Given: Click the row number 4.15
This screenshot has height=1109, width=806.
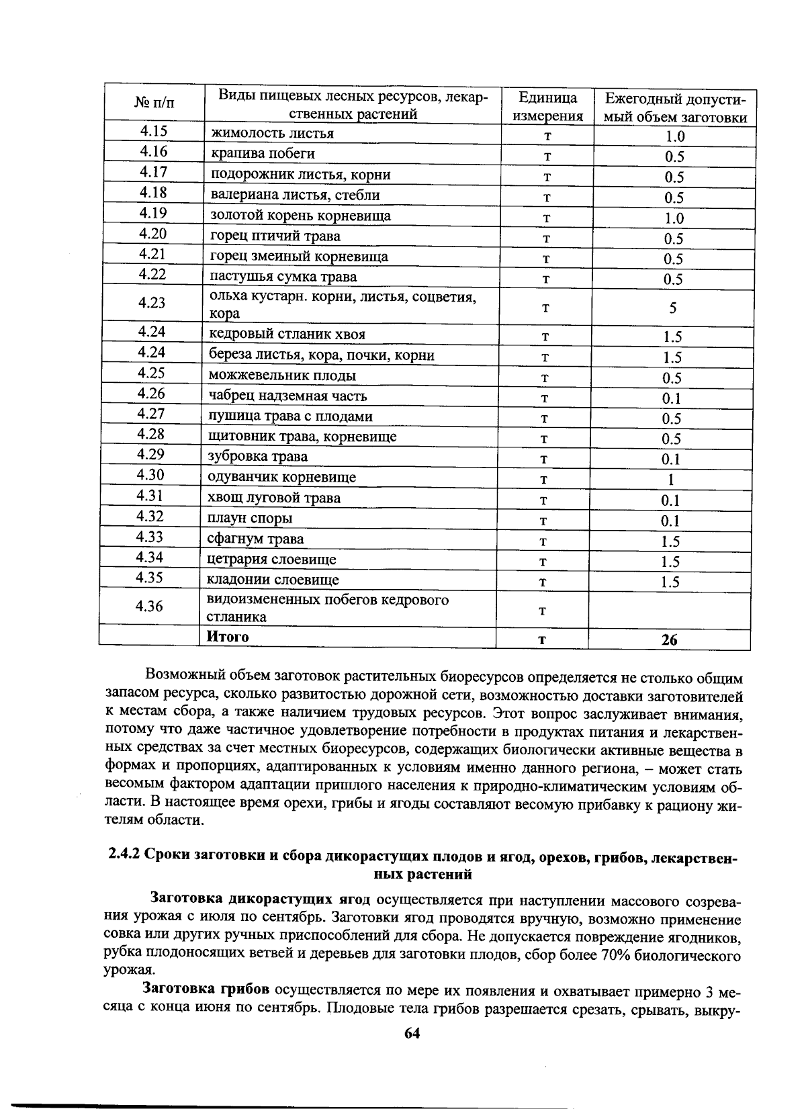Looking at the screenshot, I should pos(153,132).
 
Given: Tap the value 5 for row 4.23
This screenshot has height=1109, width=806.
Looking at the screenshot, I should pos(672,308).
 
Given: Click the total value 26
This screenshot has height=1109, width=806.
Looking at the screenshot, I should pos(669,640).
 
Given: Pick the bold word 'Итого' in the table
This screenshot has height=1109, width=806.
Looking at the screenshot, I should pos(227,637).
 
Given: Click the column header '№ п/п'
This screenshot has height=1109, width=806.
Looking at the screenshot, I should pos(153,103).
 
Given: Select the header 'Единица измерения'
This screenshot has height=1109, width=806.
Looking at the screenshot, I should pos(547,107).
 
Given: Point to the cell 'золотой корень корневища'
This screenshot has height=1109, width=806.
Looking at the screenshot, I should pos(300,216).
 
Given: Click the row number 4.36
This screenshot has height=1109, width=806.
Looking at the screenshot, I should pos(149,607).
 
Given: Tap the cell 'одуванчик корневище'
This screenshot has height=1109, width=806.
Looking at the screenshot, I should pos(281,478).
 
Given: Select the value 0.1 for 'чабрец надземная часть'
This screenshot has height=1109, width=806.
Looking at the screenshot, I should pos(671,398).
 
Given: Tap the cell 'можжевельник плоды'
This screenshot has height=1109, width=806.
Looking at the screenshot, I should pos(282,375).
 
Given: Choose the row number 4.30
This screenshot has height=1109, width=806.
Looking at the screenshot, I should pos(150,475).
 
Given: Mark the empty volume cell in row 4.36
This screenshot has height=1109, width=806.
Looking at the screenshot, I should pos(669,609).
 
